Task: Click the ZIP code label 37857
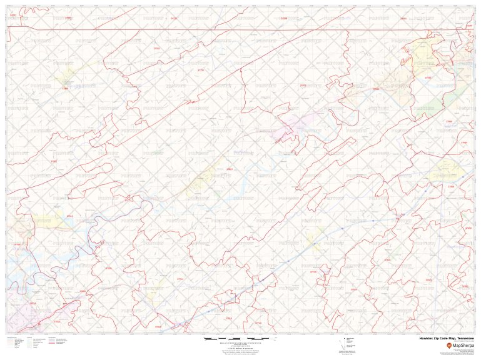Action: pos(229,169)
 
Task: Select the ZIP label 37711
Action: pos(181,279)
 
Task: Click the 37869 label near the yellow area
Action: pos(64,89)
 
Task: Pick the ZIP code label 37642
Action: pos(375,90)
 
